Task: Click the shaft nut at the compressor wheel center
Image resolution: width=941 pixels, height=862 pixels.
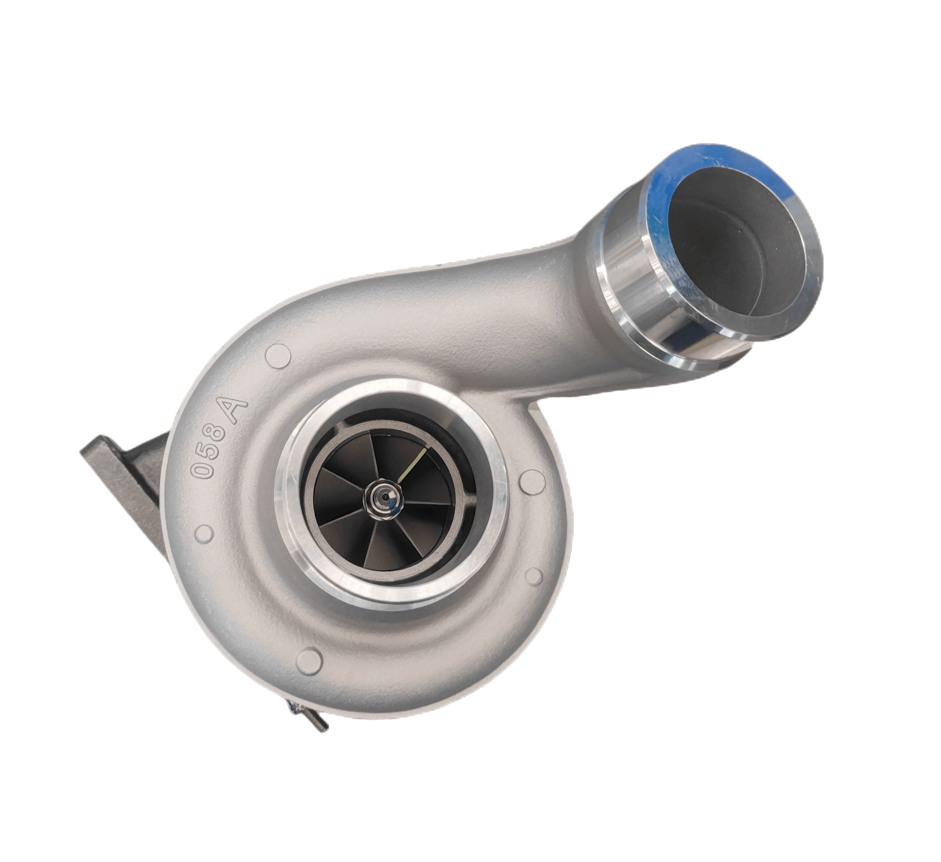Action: [x=383, y=499]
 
